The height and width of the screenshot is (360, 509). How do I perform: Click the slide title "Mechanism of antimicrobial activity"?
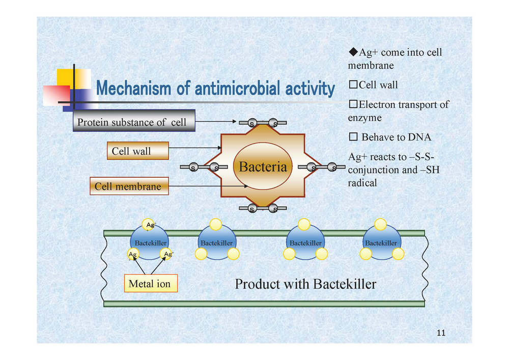[215, 88]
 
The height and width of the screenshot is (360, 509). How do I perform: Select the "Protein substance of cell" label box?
[134, 121]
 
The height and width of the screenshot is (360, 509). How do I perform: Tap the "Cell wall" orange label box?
[138, 151]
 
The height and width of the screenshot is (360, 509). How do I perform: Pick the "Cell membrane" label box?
[129, 186]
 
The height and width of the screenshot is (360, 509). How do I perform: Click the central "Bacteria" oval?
[263, 166]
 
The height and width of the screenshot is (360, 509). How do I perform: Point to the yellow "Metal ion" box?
[151, 284]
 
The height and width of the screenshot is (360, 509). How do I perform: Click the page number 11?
[441, 333]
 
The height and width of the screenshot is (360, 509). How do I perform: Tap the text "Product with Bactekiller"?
[305, 284]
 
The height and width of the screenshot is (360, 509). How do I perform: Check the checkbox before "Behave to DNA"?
[353, 136]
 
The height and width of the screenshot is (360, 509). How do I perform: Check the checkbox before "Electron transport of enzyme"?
[353, 104]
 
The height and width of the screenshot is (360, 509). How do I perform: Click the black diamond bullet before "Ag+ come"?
[353, 51]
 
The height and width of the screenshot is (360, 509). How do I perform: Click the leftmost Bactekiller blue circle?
[149, 242]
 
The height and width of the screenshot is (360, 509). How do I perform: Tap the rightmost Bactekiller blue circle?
[381, 242]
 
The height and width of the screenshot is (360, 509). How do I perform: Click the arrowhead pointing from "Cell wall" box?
[220, 148]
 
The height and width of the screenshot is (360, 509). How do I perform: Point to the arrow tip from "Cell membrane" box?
[247, 186]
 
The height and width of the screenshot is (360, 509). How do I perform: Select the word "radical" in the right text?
[362, 183]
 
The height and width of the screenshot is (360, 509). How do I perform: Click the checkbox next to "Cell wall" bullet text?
[353, 85]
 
